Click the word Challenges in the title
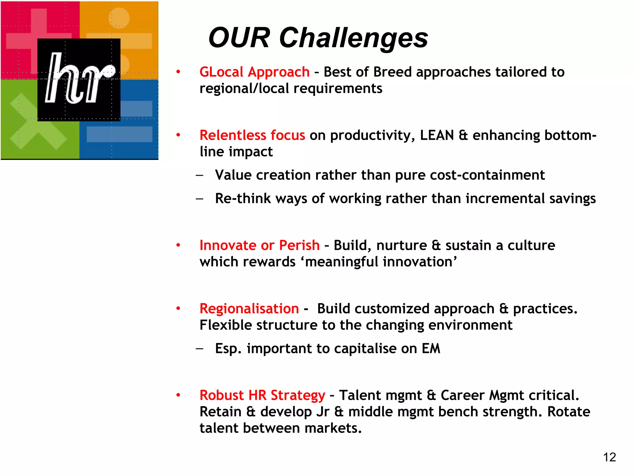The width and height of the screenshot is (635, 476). (353, 38)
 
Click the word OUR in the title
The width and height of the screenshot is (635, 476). (239, 38)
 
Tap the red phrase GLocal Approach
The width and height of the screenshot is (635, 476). (254, 72)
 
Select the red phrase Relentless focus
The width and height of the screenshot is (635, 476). (252, 135)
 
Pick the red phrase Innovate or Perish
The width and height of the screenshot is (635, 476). (259, 245)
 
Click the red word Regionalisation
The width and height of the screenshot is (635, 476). (249, 309)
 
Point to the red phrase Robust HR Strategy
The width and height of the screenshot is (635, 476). (262, 395)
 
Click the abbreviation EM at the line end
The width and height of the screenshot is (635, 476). (431, 349)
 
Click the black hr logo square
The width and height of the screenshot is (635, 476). (79, 79)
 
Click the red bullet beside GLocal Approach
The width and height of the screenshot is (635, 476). (178, 72)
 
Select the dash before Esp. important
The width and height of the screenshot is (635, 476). (200, 349)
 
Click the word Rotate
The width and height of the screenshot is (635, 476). (568, 412)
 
